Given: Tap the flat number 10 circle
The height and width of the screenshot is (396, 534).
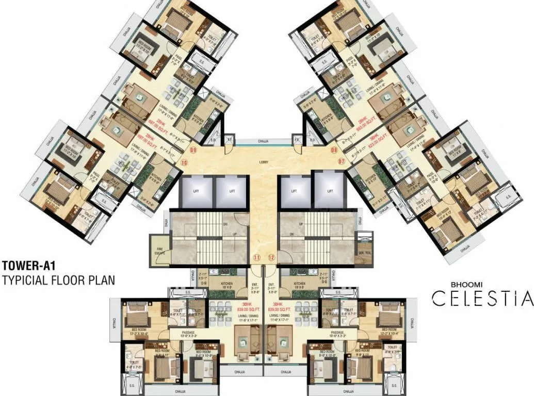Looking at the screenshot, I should tap(184, 162).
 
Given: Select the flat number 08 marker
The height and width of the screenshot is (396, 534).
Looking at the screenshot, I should tap(334, 151).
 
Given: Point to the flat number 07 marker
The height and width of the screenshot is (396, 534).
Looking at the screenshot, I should tap(341, 161).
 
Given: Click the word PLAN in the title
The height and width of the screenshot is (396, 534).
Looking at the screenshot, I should tap(101, 281).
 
